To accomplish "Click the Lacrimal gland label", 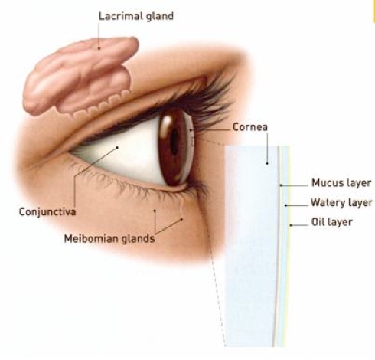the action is (x=136, y=17).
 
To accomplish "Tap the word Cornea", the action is (x=250, y=127).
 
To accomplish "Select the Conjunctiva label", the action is (x=47, y=212).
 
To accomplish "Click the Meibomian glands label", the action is (x=109, y=238).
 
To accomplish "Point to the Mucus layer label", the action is (x=341, y=183).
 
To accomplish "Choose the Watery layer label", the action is (x=341, y=202).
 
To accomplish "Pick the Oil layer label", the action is (x=332, y=222).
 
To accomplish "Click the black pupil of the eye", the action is (x=174, y=142).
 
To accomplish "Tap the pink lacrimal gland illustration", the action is (x=79, y=77).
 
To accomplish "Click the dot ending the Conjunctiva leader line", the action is (x=117, y=147).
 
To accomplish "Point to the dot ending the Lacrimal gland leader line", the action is (x=99, y=48).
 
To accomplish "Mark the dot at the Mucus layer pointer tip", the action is (x=280, y=185).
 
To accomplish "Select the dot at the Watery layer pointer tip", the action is (x=285, y=205).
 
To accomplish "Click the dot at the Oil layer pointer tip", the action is (x=290, y=225).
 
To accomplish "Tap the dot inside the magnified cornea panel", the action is (x=267, y=163).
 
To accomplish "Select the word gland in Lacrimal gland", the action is (x=160, y=17).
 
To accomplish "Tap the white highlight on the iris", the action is (x=167, y=122).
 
